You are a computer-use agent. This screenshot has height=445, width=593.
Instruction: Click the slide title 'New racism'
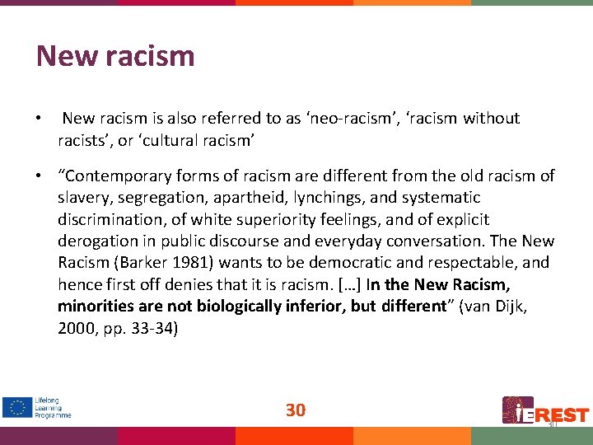115,56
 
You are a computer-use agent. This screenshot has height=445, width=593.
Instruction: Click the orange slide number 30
296,410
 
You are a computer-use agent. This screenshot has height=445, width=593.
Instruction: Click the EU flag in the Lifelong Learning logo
16,408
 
